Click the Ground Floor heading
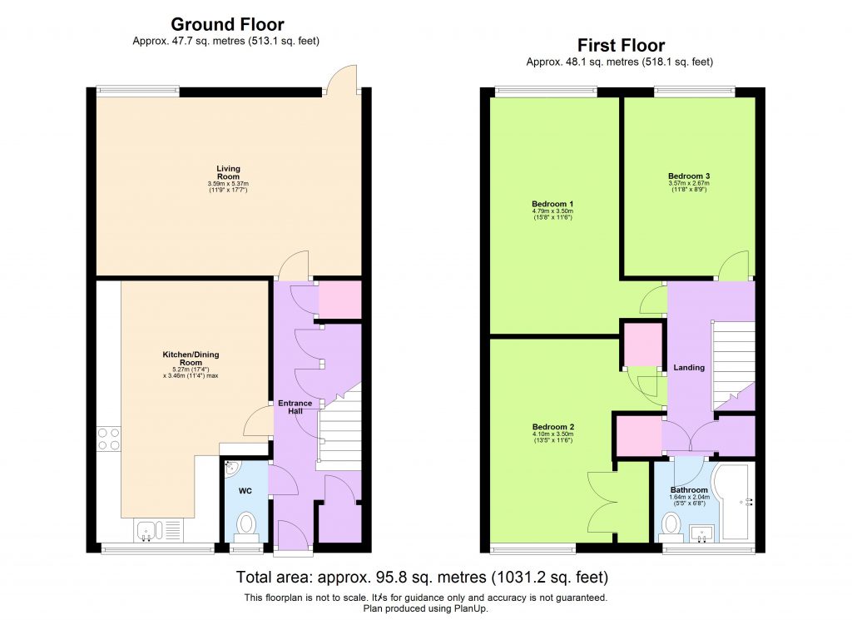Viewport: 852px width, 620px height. [x=227, y=25]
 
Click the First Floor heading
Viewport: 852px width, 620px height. [x=621, y=46]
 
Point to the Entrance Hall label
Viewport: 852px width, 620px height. [x=295, y=408]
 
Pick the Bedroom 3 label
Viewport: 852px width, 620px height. [x=689, y=176]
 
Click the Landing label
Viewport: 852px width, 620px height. [x=689, y=367]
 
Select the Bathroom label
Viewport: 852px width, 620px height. [x=689, y=490]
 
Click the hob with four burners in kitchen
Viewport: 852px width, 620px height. [x=109, y=439]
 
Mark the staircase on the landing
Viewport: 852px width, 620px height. [x=732, y=362]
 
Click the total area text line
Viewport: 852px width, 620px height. [x=423, y=577]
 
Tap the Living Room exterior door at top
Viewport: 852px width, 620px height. [x=342, y=80]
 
